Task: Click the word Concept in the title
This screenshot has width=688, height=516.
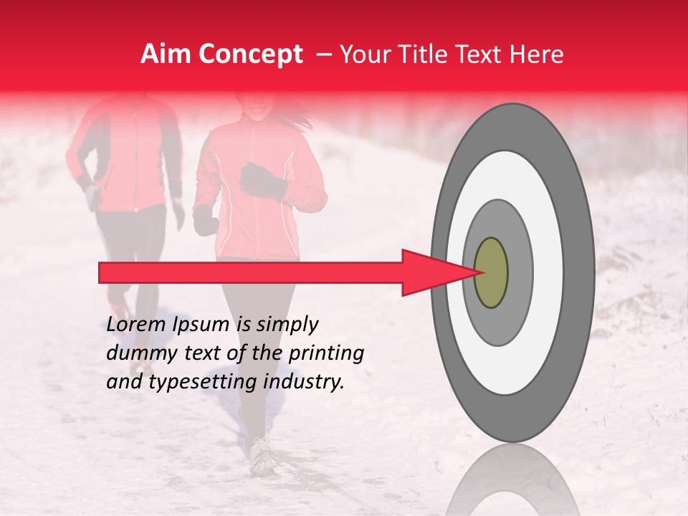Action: pos(252,55)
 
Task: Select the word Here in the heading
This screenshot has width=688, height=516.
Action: pos(537,54)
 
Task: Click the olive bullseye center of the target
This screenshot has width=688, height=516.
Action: pos(492,273)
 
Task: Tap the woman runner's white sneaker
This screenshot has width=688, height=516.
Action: pos(264,454)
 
